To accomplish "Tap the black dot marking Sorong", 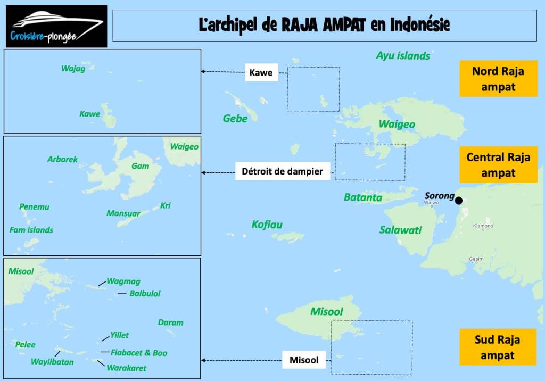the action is pos(459,201).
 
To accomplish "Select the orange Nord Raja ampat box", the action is pos(498,79).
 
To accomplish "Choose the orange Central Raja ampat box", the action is pos(498,164).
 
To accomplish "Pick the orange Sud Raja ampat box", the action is pos(498,347).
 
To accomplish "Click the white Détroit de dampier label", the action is pos(283,171).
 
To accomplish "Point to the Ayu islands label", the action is pos(403,55).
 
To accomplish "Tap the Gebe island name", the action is pos(235,119).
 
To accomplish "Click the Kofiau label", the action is pos(267,225).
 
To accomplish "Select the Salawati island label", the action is pos(400,230).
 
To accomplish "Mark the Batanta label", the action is pos(363,197).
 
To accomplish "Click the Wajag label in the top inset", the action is pos(73,69).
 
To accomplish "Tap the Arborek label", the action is pos(62,159).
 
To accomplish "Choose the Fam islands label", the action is pos(31,230).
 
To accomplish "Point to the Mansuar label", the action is pos(123,213).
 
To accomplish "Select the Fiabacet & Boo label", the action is pos(139,353).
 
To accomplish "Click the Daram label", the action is pos(170,322).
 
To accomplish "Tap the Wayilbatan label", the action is pos(52,362).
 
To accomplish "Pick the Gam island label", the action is pos(140,166).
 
